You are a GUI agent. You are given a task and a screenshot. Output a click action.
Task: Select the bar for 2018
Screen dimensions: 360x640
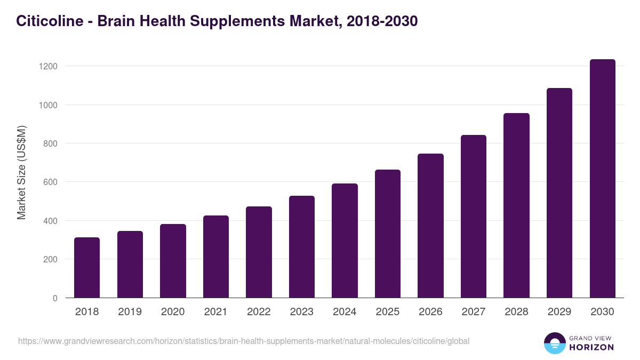87,268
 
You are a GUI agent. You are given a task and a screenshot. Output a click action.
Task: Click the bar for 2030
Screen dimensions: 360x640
602,179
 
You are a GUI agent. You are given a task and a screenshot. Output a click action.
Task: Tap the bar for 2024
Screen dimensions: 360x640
345,241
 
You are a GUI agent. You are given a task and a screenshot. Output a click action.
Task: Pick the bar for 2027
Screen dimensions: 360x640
474,217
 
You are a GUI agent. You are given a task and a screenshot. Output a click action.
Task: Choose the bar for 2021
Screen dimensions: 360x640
216,257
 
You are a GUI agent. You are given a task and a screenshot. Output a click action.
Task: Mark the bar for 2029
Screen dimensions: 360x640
559,193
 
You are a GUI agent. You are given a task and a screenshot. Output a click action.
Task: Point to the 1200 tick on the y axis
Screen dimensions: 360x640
47,66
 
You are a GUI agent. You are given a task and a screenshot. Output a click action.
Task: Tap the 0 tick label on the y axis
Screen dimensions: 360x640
55,298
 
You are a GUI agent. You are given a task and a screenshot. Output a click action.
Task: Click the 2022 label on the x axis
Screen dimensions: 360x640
259,312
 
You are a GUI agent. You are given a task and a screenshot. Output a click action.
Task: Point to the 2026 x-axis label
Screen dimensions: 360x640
430,312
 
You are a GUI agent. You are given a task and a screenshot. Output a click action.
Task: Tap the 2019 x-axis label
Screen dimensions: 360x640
130,312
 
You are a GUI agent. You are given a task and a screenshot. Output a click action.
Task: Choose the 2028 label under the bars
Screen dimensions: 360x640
516,312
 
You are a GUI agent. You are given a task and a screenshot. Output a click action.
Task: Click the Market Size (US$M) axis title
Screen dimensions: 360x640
21,172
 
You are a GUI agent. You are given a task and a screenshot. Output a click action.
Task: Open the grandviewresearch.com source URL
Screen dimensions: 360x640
244,341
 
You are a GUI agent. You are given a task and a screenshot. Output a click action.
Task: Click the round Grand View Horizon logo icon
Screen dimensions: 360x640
555,343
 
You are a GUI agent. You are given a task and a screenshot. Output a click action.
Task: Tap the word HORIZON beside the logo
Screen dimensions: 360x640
591,347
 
